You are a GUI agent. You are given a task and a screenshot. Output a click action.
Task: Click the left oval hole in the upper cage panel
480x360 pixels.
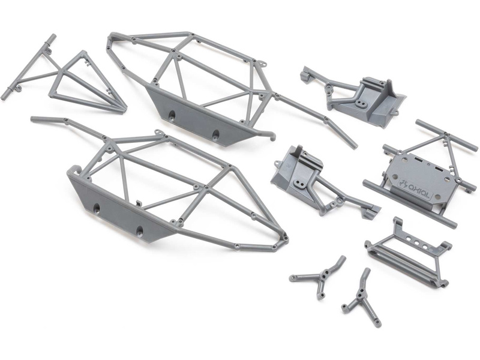click(172, 115)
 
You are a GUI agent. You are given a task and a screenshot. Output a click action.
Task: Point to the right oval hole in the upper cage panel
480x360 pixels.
click(216, 134)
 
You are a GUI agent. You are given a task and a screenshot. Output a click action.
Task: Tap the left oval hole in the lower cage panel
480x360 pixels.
click(97, 209)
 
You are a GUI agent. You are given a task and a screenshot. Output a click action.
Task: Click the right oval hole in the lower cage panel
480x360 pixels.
click(140, 232)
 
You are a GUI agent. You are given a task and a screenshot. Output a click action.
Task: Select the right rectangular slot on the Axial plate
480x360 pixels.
click(439, 169)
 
